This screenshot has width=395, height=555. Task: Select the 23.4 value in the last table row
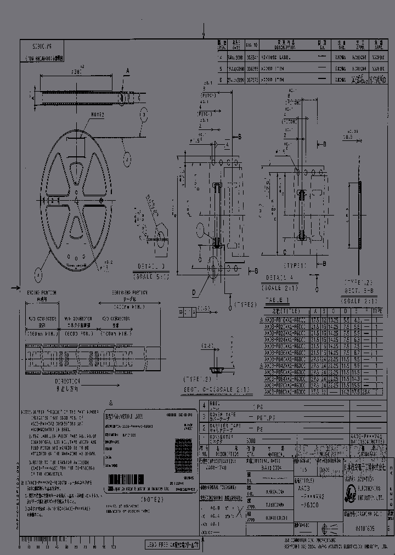click(366, 393)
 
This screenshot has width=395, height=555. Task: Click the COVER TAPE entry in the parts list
click(225, 416)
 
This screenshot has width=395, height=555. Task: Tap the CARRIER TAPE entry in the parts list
click(225, 428)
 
